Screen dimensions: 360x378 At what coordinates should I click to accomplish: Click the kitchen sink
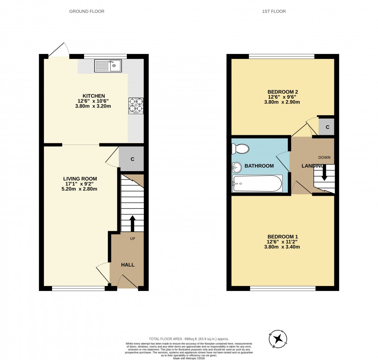[108, 66]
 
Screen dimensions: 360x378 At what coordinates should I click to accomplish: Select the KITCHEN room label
[93, 96]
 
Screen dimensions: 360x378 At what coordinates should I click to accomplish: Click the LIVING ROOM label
[80, 178]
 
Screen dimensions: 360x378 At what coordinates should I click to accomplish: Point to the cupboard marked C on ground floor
[132, 159]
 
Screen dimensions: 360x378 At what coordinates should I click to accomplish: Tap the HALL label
[128, 265]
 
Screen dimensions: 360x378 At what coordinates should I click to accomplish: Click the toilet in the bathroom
[240, 148]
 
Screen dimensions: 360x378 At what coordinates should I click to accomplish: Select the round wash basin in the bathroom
[236, 167]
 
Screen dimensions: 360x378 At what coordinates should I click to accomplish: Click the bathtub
[257, 183]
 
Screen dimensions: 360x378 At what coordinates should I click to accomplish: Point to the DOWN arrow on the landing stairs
[324, 172]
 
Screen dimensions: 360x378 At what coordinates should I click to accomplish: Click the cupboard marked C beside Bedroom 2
[327, 127]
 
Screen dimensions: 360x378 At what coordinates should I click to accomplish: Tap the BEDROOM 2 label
[283, 92]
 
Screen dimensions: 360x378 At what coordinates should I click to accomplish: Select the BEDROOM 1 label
[282, 236]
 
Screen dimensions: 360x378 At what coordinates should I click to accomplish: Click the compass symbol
[277, 339]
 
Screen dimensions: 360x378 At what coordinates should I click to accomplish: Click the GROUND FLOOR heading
[87, 12]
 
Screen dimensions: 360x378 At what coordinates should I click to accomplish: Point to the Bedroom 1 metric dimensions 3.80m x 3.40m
[283, 247]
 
